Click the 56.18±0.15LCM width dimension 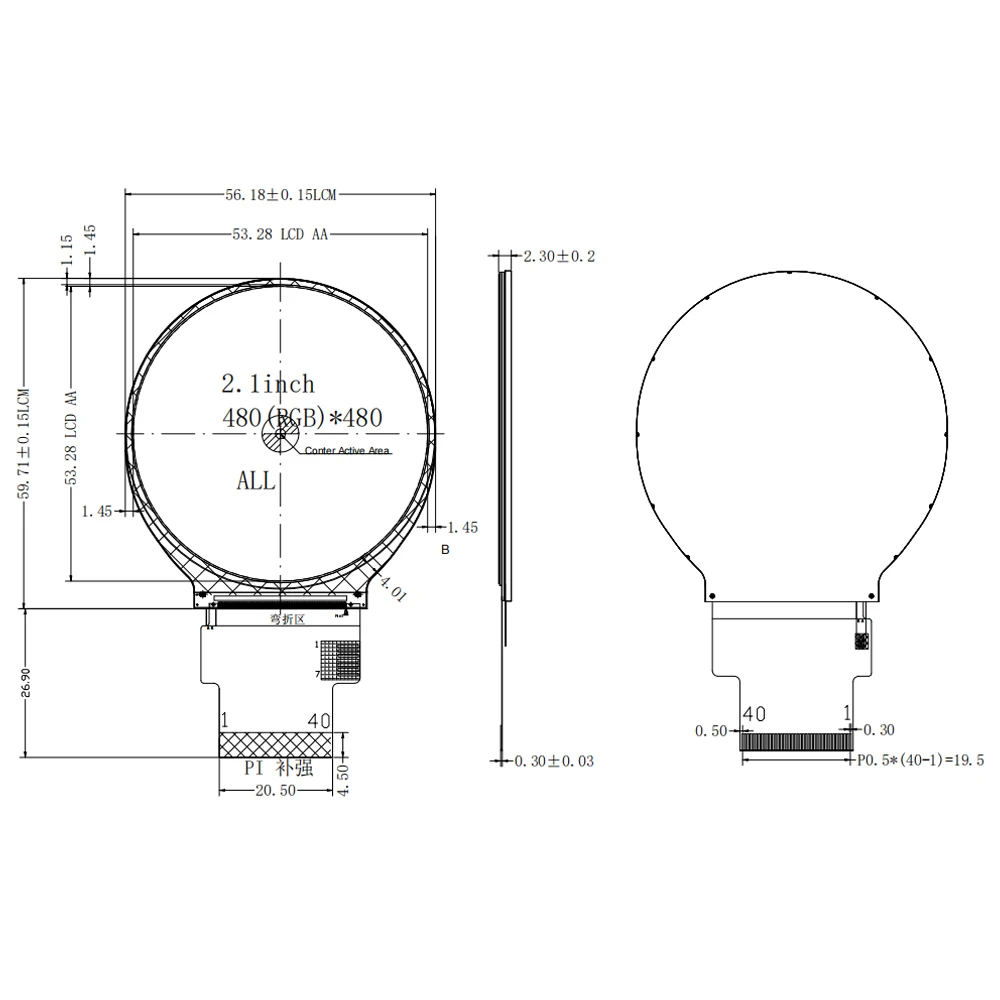point(280,197)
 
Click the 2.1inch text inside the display point(267,384)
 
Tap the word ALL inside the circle point(256,481)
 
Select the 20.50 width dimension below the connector point(275,791)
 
